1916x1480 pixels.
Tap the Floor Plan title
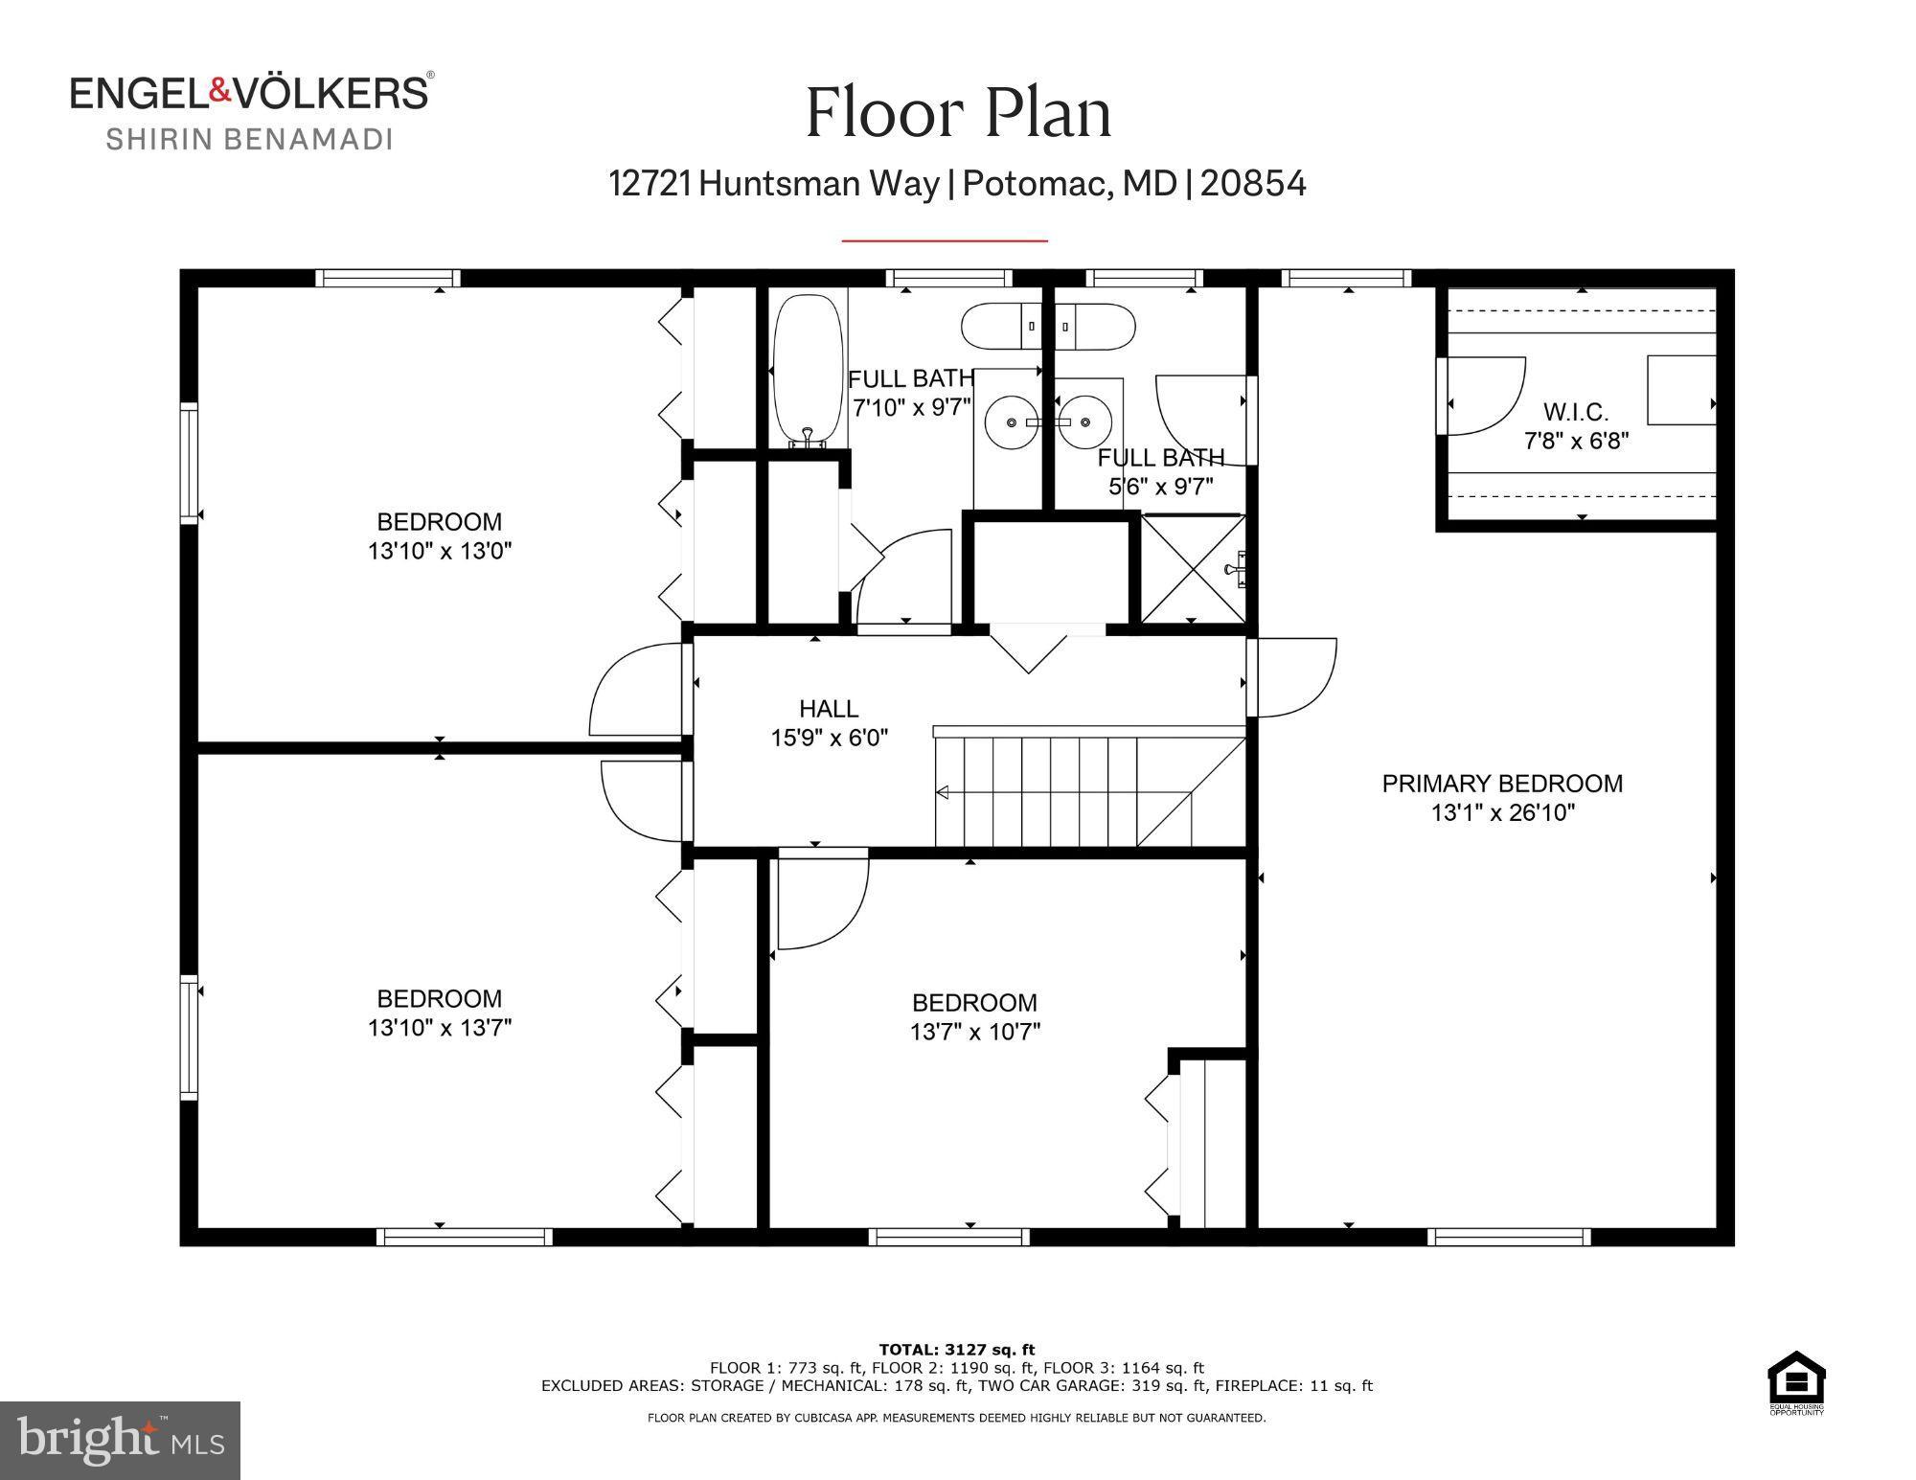coord(958,113)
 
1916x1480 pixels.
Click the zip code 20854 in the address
coord(1253,183)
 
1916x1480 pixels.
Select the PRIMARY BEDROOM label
coord(1501,784)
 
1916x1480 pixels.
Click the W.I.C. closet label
coord(1575,412)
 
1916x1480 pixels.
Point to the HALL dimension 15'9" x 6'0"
coord(830,738)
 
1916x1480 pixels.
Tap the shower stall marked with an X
coord(1193,570)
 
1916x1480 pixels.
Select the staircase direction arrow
coord(943,792)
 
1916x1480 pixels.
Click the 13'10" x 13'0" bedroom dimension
coord(440,552)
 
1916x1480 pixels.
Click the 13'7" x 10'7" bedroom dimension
coord(974,1032)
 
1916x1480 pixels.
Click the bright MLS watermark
coord(120,1440)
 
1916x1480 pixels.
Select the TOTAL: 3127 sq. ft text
coord(956,1351)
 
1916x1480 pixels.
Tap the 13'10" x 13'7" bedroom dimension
coord(440,1028)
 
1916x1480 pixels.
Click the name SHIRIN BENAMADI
coord(249,140)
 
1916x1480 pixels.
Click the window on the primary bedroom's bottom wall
coord(1509,1237)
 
